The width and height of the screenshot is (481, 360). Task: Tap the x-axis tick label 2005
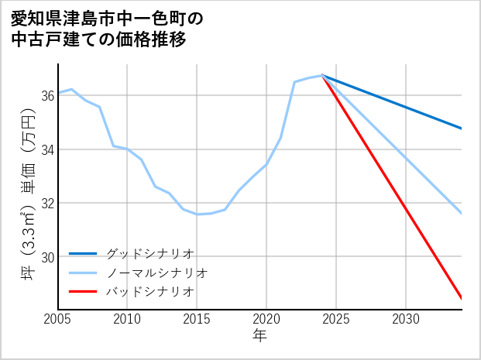pos(57,319)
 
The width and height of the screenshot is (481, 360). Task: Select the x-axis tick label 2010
pos(127,319)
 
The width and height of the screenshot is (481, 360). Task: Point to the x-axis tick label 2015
pos(197,319)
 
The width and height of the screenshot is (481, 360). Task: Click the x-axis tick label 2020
pos(266,319)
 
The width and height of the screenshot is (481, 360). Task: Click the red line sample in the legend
pos(84,291)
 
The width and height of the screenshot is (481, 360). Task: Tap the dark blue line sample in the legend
pos(84,253)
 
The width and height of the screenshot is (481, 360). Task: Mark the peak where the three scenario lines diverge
pos(322,75)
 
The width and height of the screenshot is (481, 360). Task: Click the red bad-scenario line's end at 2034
pos(461,298)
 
